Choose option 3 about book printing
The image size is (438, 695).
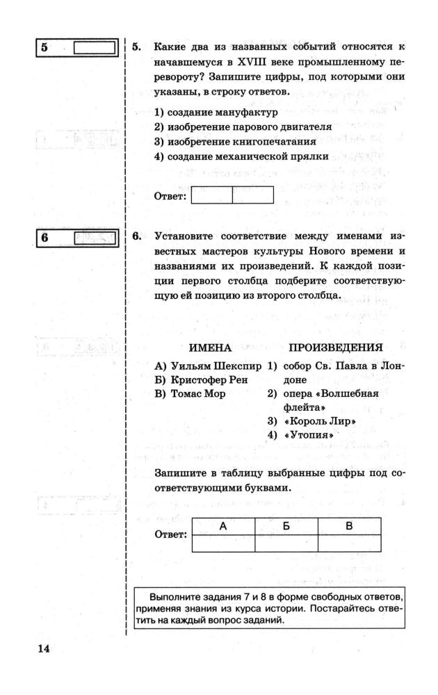click(227, 142)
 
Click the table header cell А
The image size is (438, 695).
click(223, 527)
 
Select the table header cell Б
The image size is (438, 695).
click(286, 527)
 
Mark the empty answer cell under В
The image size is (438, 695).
click(349, 543)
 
